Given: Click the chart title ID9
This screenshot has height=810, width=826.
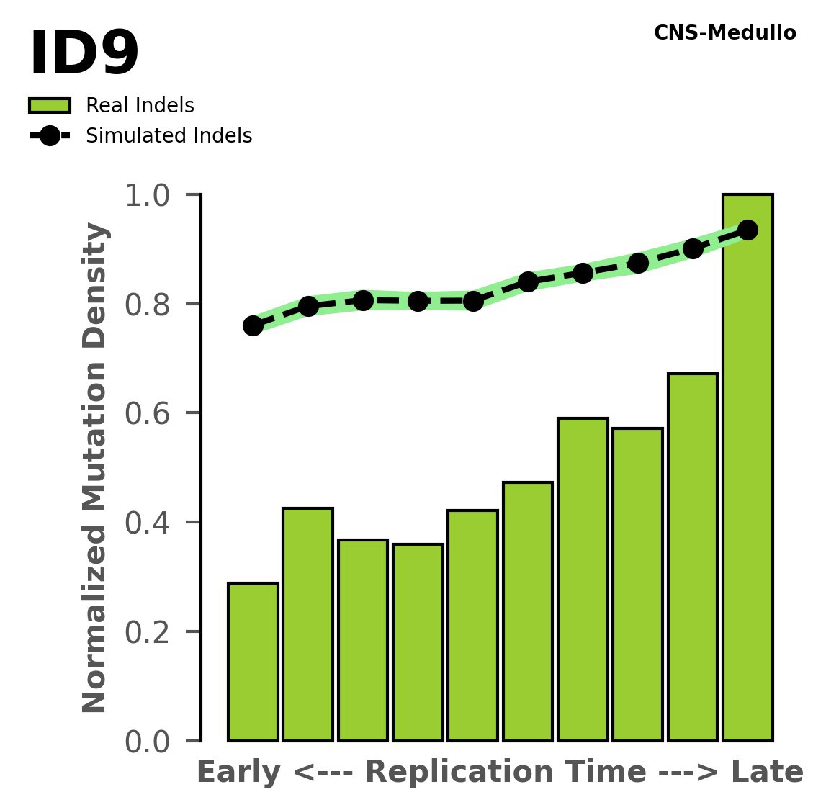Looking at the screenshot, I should click(84, 55).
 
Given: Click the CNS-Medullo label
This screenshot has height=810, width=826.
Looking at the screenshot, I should click(724, 33).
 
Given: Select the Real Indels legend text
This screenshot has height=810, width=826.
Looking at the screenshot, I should click(140, 106).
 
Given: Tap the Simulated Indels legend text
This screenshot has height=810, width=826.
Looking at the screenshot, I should click(169, 136).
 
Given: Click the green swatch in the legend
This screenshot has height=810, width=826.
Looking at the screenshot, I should click(50, 106).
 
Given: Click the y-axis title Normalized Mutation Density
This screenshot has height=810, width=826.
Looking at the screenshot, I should click(95, 468).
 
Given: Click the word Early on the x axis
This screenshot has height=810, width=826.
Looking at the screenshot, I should click(238, 773).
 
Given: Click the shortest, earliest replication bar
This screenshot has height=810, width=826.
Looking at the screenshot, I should click(253, 662).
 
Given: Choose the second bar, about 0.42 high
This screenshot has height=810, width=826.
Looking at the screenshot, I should click(307, 625).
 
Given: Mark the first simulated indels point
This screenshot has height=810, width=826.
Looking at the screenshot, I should click(253, 325).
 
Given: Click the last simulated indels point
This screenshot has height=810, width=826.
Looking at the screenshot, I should click(748, 230).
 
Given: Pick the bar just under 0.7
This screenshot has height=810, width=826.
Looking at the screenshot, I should click(692, 557).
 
